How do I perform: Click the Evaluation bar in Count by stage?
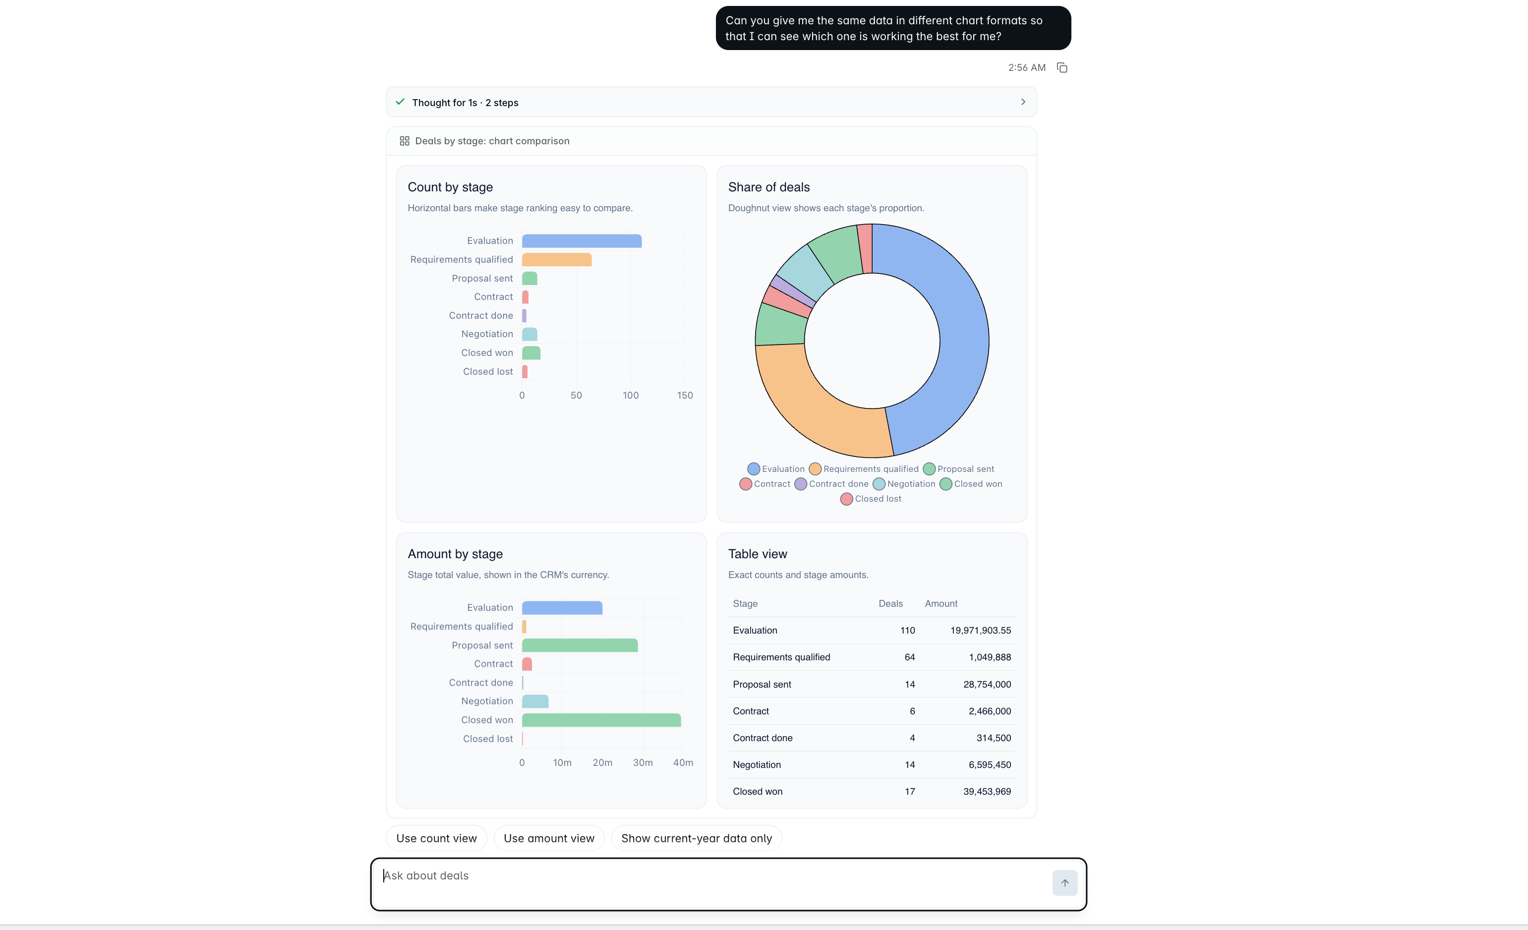point(582,240)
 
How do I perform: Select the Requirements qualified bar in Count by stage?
point(557,259)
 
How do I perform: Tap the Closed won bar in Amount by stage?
point(601,720)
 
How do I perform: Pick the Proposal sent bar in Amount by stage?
point(580,645)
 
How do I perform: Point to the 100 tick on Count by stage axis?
point(631,395)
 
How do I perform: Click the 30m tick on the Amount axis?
point(643,762)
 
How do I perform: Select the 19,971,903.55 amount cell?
point(981,630)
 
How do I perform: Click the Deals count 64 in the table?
point(910,657)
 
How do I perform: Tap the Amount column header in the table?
point(940,603)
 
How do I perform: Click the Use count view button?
point(437,838)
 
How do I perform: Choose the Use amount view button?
point(549,838)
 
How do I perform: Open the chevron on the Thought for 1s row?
point(1023,102)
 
